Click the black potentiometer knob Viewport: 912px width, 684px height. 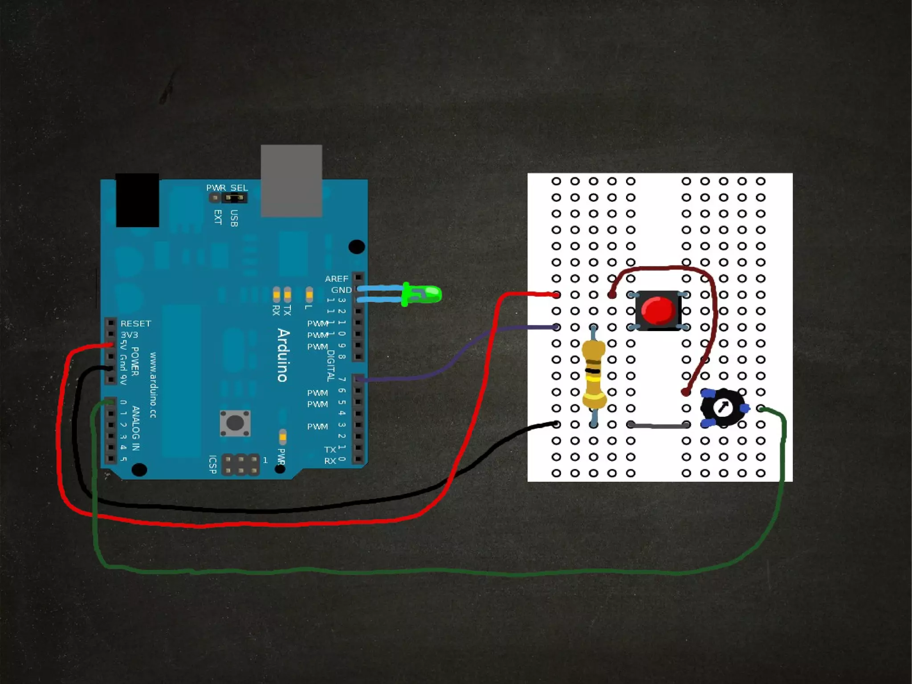coord(722,407)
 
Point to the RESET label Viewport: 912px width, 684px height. coord(136,324)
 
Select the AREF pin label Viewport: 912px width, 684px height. coord(336,279)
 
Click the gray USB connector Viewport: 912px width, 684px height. coord(291,180)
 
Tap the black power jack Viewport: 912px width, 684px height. coord(137,200)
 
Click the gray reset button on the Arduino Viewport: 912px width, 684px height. coord(235,422)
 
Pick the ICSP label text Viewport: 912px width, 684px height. coord(213,464)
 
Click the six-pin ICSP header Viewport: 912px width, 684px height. coord(240,464)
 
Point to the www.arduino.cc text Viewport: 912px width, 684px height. coord(153,385)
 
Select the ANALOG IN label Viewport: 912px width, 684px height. coord(136,428)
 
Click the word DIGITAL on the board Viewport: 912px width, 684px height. coord(330,365)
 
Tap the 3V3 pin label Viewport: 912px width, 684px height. coord(129,335)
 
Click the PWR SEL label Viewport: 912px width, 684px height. coord(227,188)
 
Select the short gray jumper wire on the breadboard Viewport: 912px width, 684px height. coord(659,426)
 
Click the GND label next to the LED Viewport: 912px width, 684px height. coord(341,290)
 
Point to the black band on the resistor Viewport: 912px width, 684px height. coord(593,371)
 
